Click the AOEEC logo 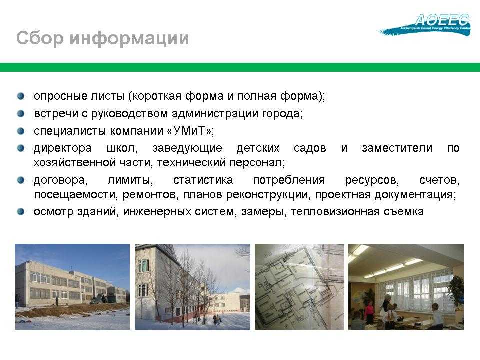pos(425,25)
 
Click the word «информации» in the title pos(129,38)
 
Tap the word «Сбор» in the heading pos(40,38)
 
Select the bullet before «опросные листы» pos(21,96)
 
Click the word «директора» pos(63,148)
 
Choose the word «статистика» pos(203,180)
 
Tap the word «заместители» pos(397,148)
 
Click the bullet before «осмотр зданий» pos(21,212)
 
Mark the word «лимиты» pos(130,180)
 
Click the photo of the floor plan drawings pos(299,287)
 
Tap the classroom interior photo pos(406,287)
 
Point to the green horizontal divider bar pos(240,67)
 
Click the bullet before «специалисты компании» pos(21,131)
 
